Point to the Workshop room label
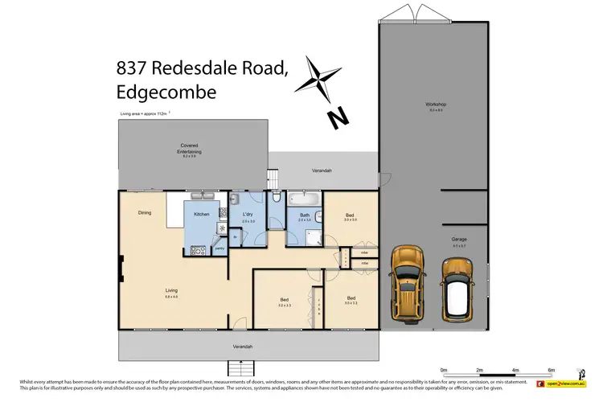[436, 105]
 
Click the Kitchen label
[201, 215]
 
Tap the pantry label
[219, 248]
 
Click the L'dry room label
[248, 215]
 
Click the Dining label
[144, 213]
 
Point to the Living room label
[171, 289]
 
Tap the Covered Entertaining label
[190, 148]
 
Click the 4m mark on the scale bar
[515, 370]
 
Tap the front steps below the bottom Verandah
[242, 368]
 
